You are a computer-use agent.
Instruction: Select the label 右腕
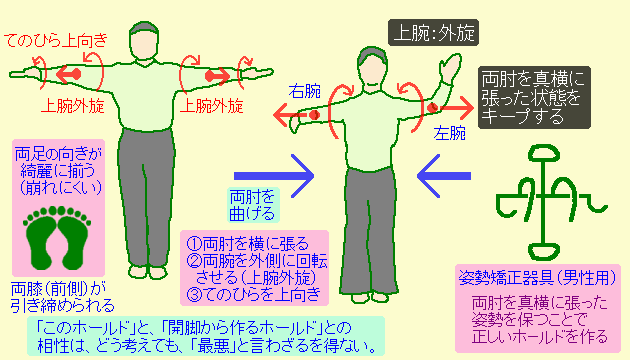pyautogui.click(x=305, y=91)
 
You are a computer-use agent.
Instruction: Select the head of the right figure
pyautogui.click(x=372, y=70)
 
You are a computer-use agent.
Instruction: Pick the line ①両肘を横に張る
pyautogui.click(x=244, y=243)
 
